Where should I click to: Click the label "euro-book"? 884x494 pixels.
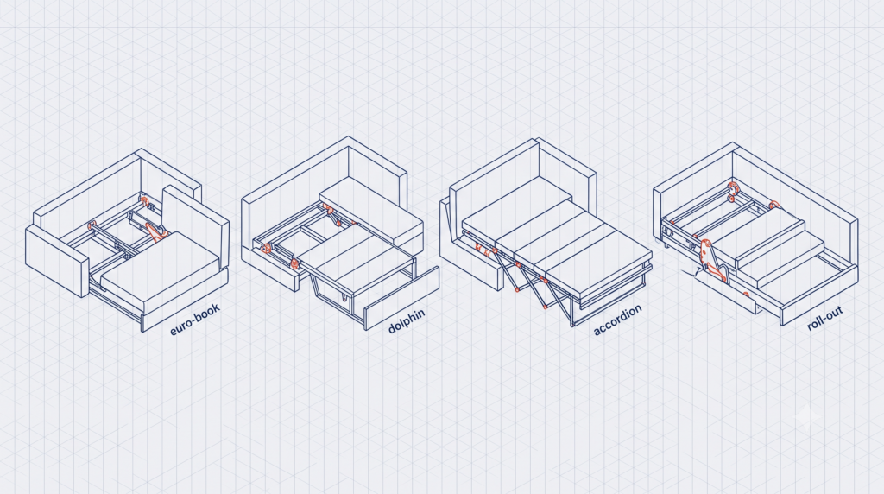pos(195,320)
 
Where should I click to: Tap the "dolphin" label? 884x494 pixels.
pos(407,320)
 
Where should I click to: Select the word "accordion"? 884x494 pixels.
pos(617,320)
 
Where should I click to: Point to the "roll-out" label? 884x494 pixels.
pos(824,318)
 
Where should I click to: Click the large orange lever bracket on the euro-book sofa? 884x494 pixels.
pos(156,230)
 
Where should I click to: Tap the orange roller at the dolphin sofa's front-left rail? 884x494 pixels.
pos(294,262)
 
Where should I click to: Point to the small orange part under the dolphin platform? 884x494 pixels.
pos(344,295)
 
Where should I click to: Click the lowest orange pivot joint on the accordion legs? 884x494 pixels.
pos(546,307)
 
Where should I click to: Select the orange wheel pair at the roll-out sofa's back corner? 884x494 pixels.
pos(733,191)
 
